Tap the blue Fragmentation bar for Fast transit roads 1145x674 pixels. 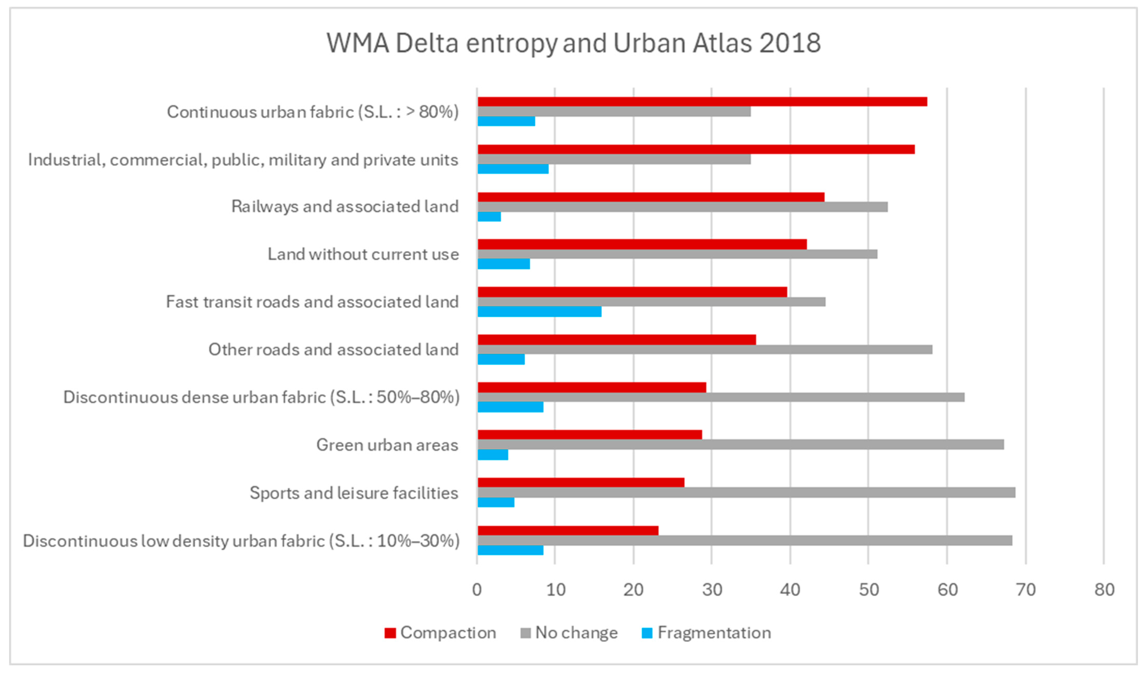click(x=539, y=311)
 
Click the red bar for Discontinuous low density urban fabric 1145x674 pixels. click(x=568, y=530)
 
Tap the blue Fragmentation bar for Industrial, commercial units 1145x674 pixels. click(x=513, y=169)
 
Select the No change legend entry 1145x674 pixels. click(x=569, y=633)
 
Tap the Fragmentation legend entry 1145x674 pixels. click(x=706, y=633)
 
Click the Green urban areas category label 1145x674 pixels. click(x=387, y=445)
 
